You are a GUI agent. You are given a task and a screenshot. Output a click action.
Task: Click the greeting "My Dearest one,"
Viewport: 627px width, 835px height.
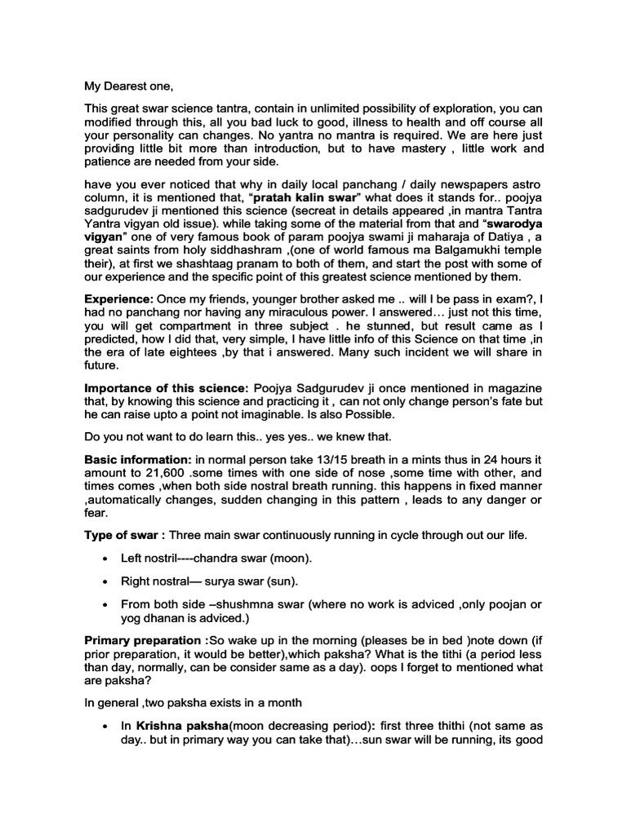[129, 86]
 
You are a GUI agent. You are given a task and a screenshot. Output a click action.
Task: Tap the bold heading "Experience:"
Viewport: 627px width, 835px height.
[118, 299]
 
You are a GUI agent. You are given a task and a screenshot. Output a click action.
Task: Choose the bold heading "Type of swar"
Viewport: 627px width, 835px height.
[122, 535]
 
